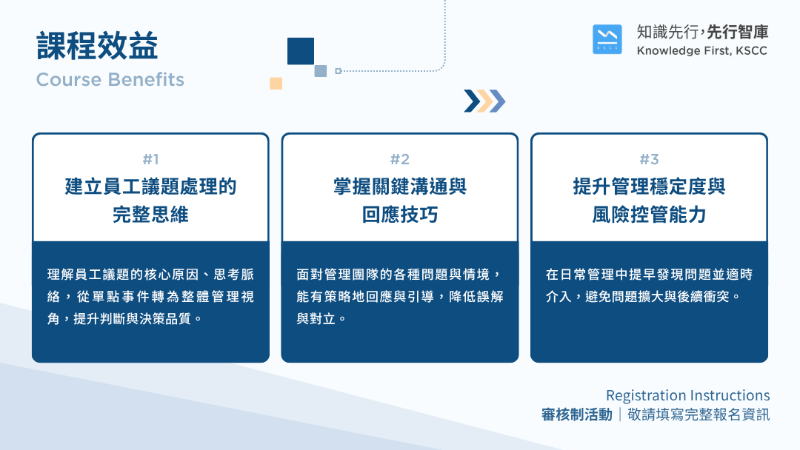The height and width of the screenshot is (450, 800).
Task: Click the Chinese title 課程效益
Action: coord(97,46)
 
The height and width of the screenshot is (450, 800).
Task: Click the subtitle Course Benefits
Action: coord(110,79)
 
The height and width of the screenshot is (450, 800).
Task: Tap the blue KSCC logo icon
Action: coord(607,39)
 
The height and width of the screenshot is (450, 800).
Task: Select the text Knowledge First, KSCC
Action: coord(702,51)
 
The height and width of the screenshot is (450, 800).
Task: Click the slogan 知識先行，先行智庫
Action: coord(702,32)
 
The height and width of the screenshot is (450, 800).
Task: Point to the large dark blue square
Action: coord(301,51)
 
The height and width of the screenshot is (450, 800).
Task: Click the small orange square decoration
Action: coord(276,83)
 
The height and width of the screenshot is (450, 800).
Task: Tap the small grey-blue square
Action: coord(321,71)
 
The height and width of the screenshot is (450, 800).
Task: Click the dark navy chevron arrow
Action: coord(472,101)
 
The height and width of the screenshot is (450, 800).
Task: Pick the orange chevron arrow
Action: coord(484,101)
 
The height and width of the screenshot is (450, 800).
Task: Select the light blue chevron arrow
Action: coord(498,101)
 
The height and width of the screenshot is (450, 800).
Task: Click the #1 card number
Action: coord(150,160)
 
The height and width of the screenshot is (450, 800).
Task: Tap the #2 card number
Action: coord(400,160)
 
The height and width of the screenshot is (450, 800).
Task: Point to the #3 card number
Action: coord(650,160)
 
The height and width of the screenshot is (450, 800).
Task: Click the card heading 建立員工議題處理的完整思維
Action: coord(150,201)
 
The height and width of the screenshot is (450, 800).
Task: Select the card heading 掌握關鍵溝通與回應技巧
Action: coord(400,201)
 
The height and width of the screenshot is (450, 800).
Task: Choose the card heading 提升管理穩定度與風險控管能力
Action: coord(650,201)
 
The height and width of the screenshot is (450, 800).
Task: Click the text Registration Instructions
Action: coord(687,395)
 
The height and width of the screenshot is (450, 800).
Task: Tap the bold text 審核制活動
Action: coord(577,414)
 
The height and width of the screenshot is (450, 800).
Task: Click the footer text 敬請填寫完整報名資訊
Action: coord(699,414)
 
